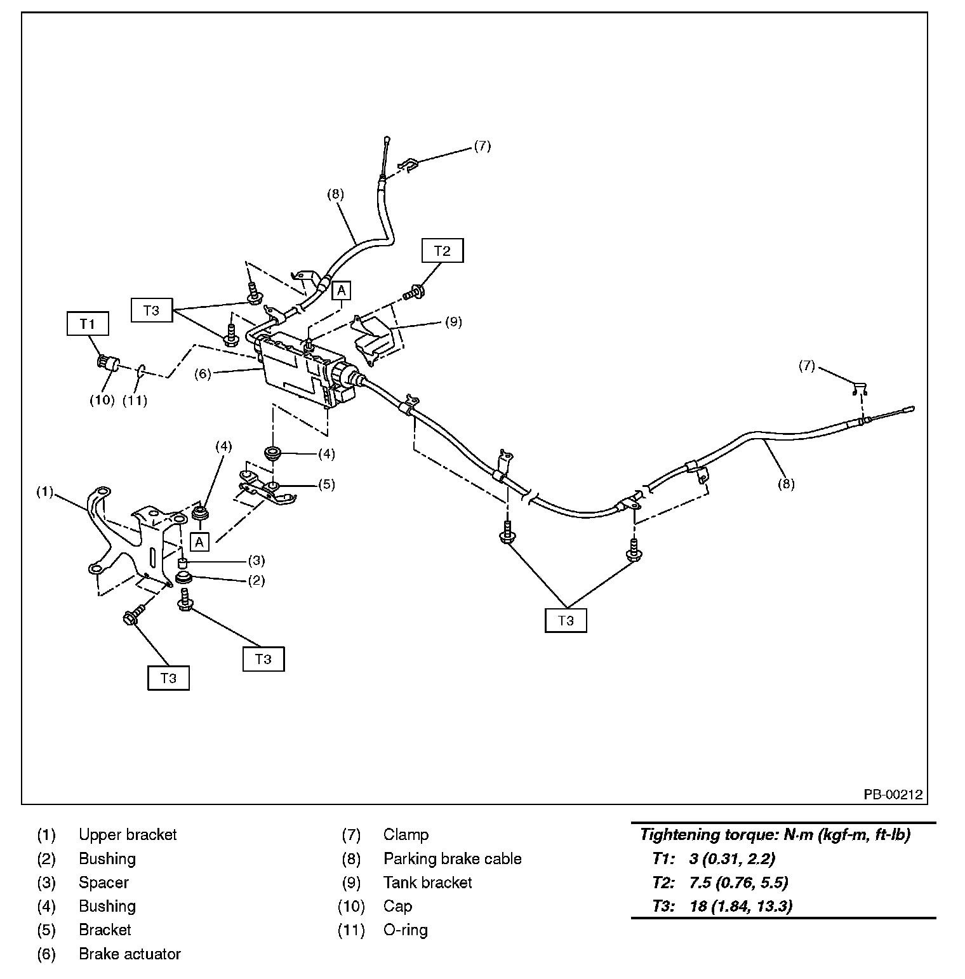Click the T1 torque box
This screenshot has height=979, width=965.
click(x=88, y=324)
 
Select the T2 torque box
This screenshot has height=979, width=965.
click(x=442, y=251)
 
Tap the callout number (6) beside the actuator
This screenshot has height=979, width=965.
click(x=203, y=374)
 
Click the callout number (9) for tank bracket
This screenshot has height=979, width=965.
click(x=453, y=322)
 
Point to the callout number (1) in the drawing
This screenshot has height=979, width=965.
click(x=45, y=492)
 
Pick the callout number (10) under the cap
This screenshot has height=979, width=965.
click(x=102, y=400)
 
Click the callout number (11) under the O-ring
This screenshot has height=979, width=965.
click(x=135, y=400)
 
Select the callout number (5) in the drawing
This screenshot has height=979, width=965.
click(x=326, y=484)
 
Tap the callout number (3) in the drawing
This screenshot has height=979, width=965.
click(x=256, y=561)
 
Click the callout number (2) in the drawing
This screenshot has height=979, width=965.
click(x=256, y=580)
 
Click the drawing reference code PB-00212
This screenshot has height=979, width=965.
click(x=892, y=794)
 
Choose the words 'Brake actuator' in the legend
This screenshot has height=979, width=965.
click(x=130, y=954)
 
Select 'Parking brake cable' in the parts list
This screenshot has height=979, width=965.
click(x=452, y=858)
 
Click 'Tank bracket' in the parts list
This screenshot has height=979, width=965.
click(x=427, y=882)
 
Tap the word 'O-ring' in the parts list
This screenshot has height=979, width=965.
click(x=405, y=930)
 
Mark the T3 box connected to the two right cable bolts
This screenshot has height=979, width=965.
click(x=566, y=620)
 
